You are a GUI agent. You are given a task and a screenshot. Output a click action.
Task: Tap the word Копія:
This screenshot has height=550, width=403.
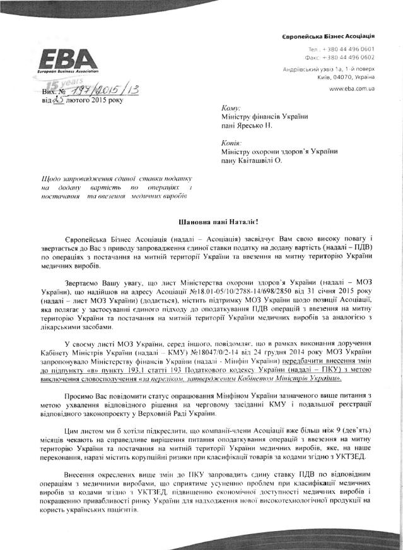click(x=233, y=142)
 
